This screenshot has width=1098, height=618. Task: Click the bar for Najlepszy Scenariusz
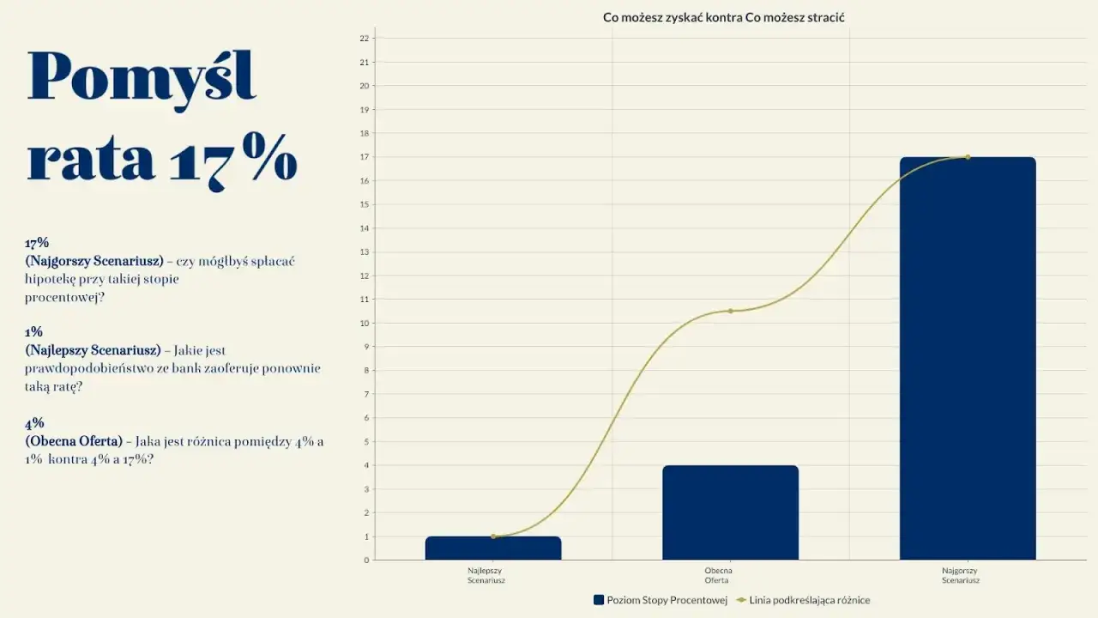(493, 548)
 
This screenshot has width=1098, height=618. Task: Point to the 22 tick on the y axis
(365, 39)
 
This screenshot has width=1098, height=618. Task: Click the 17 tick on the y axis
(365, 157)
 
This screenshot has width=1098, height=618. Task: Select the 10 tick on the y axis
(365, 324)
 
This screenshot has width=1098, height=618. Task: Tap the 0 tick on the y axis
(366, 560)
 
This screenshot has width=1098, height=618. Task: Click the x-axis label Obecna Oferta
(718, 575)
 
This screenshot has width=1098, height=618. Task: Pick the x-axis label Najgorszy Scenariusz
(961, 575)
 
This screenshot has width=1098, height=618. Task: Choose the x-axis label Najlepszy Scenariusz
(486, 575)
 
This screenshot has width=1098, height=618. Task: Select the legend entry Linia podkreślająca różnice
(809, 600)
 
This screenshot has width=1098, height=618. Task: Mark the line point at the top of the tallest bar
(968, 157)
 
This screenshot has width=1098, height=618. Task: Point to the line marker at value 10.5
(731, 311)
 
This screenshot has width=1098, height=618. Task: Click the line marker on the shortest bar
(493, 536)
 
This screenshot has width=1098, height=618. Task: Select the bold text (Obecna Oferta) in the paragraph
(74, 441)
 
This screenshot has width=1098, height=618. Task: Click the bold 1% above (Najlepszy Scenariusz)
(34, 332)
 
